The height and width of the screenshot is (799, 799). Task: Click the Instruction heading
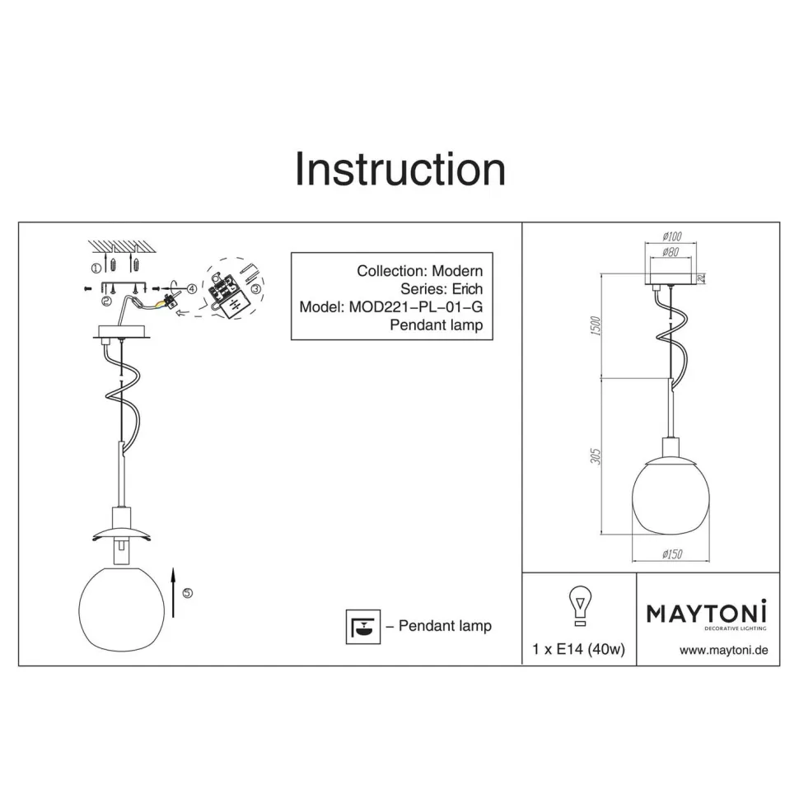pyautogui.click(x=400, y=169)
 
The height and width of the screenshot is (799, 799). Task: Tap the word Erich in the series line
pyautogui.click(x=467, y=289)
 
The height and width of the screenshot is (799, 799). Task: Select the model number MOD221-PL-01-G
pyautogui.click(x=416, y=306)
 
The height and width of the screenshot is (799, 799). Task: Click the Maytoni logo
pyautogui.click(x=707, y=615)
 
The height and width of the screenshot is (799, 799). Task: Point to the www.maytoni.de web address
pyautogui.click(x=723, y=650)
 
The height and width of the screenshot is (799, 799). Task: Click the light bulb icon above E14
pyautogui.click(x=580, y=605)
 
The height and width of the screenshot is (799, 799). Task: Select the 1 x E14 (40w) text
pyautogui.click(x=578, y=649)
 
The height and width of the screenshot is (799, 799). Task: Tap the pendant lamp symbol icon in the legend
pyautogui.click(x=362, y=626)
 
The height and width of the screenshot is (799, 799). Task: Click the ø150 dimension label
pyautogui.click(x=672, y=554)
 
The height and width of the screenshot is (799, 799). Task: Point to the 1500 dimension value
pyautogui.click(x=596, y=326)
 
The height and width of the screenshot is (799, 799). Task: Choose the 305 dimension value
pyautogui.click(x=596, y=456)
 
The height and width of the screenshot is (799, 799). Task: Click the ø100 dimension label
pyautogui.click(x=672, y=236)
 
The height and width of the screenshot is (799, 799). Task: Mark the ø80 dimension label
pyautogui.click(x=671, y=252)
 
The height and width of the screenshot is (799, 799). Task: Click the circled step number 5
pyautogui.click(x=188, y=593)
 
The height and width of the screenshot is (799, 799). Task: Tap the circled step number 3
pyautogui.click(x=256, y=289)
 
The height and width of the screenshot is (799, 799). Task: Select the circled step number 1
pyautogui.click(x=96, y=268)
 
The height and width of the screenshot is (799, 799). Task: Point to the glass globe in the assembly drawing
pyautogui.click(x=122, y=609)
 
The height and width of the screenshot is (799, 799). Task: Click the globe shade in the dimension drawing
pyautogui.click(x=671, y=497)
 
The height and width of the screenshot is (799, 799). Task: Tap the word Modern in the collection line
pyautogui.click(x=457, y=271)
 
